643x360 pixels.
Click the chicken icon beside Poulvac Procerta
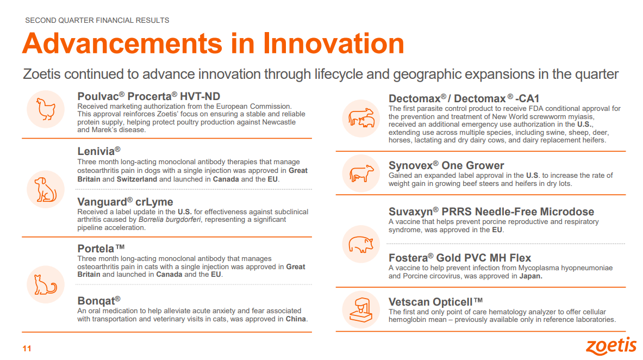click(46, 109)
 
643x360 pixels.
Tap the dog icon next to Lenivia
click(45, 189)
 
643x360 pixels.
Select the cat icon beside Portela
click(45, 284)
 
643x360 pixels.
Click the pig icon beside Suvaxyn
click(361, 245)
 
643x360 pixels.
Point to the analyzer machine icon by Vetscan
click(361, 310)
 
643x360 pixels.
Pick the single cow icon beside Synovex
click(361, 173)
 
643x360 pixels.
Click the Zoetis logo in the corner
click(611, 346)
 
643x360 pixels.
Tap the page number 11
click(27, 349)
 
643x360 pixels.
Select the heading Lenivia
click(99, 151)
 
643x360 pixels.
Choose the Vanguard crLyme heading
click(125, 202)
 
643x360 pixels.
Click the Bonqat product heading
click(99, 301)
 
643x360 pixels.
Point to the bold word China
click(296, 319)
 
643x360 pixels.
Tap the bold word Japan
click(530, 276)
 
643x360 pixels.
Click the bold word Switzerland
click(137, 179)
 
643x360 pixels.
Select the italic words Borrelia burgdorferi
click(170, 220)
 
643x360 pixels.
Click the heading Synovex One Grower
click(446, 165)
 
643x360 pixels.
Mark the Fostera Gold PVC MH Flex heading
click(460, 258)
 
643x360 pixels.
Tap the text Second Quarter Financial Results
click(97, 20)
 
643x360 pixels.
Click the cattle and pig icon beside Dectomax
click(361, 118)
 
